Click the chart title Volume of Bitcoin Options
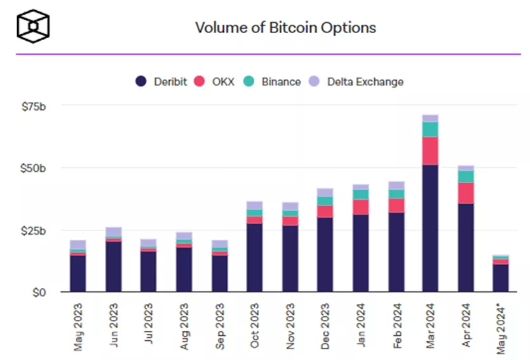(285, 28)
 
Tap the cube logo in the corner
(33, 26)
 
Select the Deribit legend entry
(161, 81)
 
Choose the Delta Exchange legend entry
(356, 81)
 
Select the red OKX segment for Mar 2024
(430, 151)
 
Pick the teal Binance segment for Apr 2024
(466, 177)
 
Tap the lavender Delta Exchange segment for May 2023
(78, 244)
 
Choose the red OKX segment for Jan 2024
(360, 207)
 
